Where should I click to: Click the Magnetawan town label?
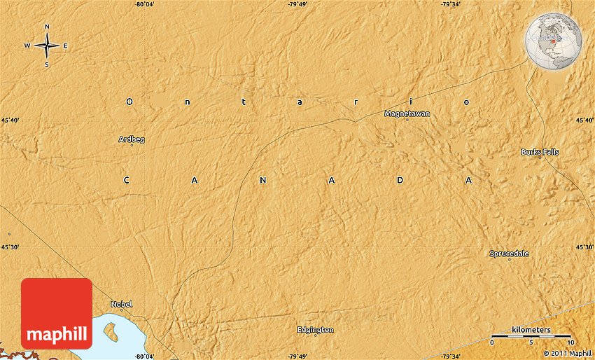click(x=407, y=113)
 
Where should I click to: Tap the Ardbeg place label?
click(x=132, y=139)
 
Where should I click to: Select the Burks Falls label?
click(x=540, y=151)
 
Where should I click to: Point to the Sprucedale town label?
click(x=509, y=254)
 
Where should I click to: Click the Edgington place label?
click(x=315, y=329)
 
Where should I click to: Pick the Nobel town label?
click(x=121, y=304)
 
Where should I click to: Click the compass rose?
click(x=47, y=46)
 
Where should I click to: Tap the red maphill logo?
click(x=57, y=313)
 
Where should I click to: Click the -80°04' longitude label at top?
click(x=145, y=4)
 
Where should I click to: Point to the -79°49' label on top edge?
click(x=297, y=4)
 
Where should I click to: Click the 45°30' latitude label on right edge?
click(x=584, y=247)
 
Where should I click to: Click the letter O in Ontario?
click(x=129, y=102)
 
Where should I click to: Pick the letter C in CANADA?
click(x=127, y=180)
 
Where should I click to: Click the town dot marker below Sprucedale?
click(x=510, y=260)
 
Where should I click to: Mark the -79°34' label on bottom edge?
click(x=451, y=356)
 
